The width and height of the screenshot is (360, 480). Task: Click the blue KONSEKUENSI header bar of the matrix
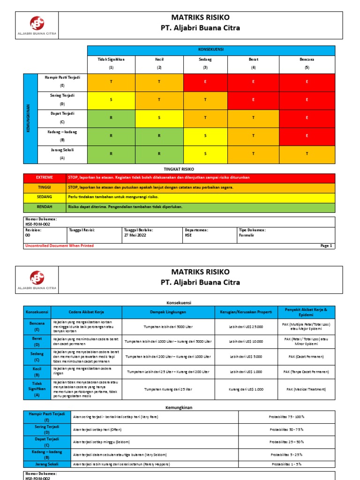point(211,50)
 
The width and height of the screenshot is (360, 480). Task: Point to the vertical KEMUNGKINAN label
point(30,119)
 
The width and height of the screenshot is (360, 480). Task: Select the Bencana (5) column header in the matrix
point(307,64)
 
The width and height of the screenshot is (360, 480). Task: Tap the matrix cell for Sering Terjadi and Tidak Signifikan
point(111,99)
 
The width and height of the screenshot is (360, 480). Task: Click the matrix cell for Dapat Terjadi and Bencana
point(307,118)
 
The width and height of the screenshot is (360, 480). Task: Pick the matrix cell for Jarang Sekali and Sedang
point(205,154)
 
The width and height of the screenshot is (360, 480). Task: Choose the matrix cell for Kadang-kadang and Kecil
point(159,135)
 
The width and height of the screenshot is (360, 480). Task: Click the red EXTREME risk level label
point(45,178)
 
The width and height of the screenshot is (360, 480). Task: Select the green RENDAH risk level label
point(45,206)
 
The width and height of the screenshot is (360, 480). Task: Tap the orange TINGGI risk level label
point(45,187)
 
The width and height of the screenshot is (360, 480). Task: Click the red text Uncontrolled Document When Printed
point(60,246)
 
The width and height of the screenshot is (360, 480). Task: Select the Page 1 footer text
point(326,246)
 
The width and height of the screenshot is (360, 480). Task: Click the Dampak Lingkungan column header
point(168,312)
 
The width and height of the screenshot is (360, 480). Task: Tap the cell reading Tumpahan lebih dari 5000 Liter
point(168,327)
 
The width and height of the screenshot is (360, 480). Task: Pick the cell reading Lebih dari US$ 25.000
point(246,327)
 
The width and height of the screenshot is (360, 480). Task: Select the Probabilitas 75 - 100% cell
point(287,417)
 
